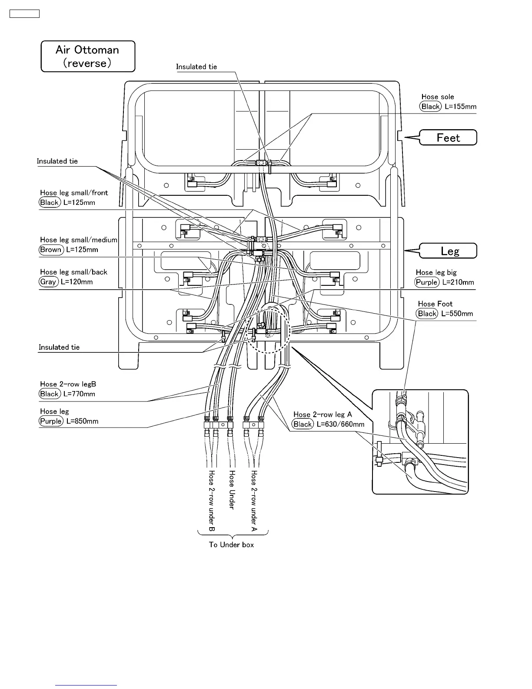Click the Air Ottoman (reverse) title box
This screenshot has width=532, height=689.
click(88, 57)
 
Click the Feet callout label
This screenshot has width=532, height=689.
click(448, 138)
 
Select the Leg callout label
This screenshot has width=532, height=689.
click(449, 251)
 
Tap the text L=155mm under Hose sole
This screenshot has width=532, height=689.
click(460, 107)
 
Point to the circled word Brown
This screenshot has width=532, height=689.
click(50, 250)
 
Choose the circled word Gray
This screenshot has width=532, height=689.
click(48, 282)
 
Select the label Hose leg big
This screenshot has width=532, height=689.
click(436, 272)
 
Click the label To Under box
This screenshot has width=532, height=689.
click(231, 545)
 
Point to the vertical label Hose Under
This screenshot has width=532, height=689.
click(232, 489)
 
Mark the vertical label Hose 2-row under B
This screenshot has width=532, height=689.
click(212, 501)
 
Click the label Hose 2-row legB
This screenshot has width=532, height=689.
click(68, 384)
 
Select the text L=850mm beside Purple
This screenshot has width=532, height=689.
click(82, 421)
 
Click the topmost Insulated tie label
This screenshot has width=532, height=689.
click(196, 67)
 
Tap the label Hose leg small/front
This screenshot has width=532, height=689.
click(74, 193)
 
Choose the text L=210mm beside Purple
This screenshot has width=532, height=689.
click(458, 282)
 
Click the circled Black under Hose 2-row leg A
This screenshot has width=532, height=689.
click(303, 424)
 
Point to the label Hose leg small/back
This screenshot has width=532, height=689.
click(73, 272)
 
